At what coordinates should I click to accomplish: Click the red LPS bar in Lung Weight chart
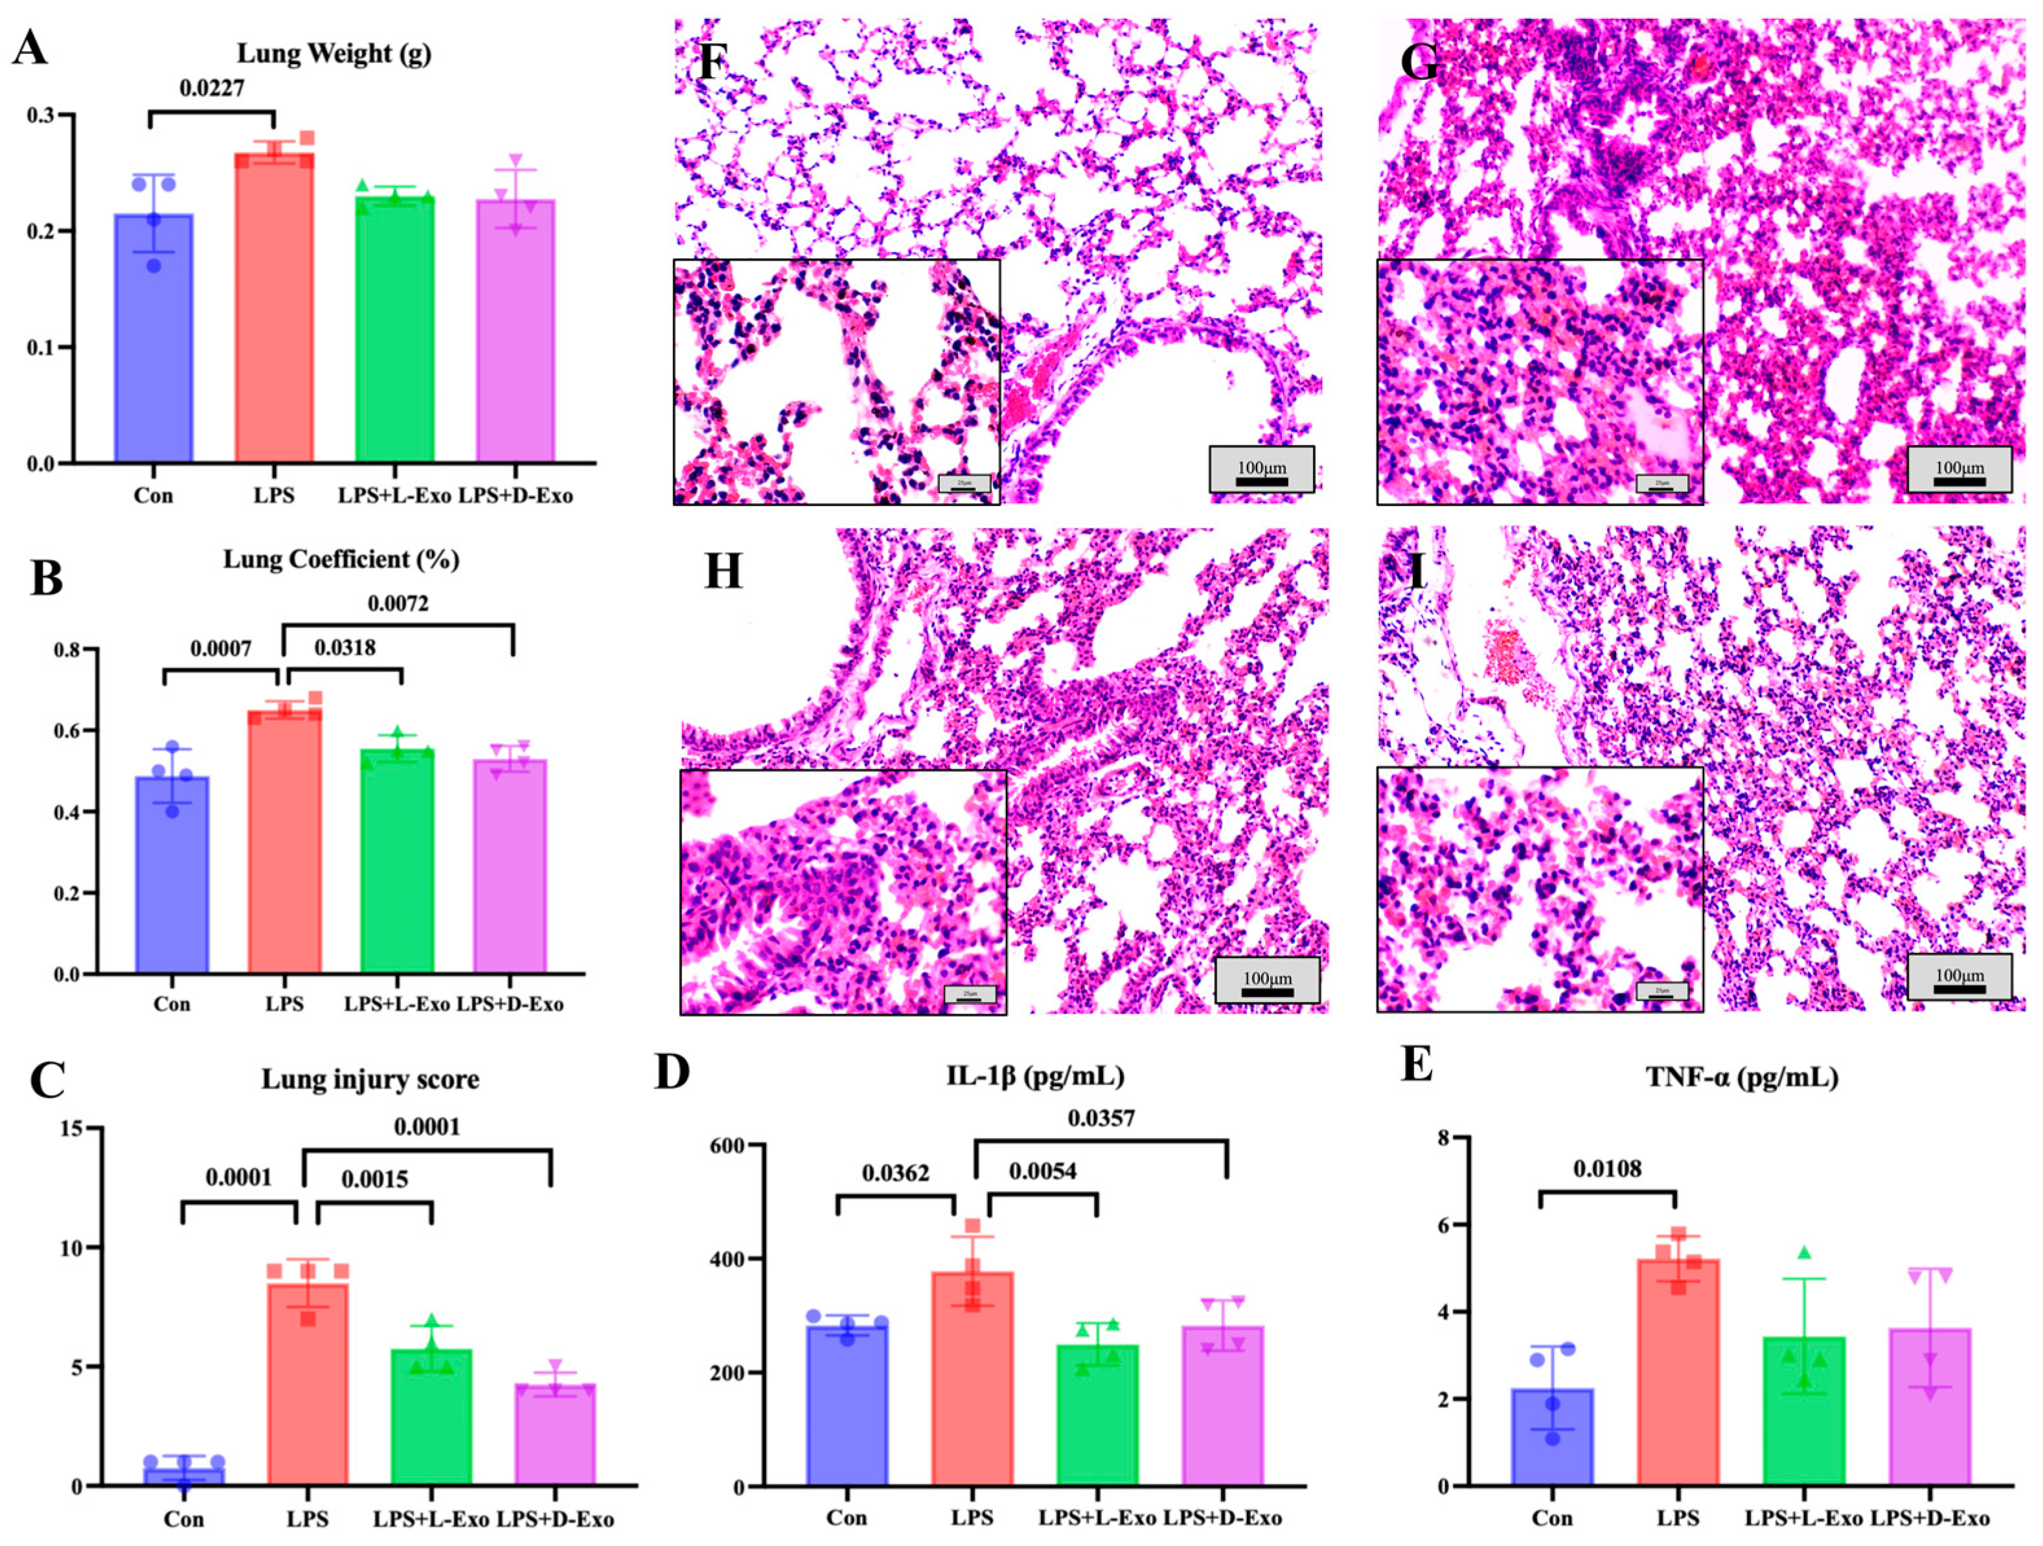pos(273,314)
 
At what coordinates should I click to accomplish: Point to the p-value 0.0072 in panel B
pos(398,604)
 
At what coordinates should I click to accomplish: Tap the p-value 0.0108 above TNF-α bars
pos(1608,1169)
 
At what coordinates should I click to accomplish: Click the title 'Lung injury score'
pos(371,1078)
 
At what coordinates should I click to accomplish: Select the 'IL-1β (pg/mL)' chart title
pos(1035,1075)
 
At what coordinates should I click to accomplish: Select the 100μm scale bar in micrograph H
pos(1267,980)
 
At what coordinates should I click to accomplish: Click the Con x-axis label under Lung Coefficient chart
pos(172,1004)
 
